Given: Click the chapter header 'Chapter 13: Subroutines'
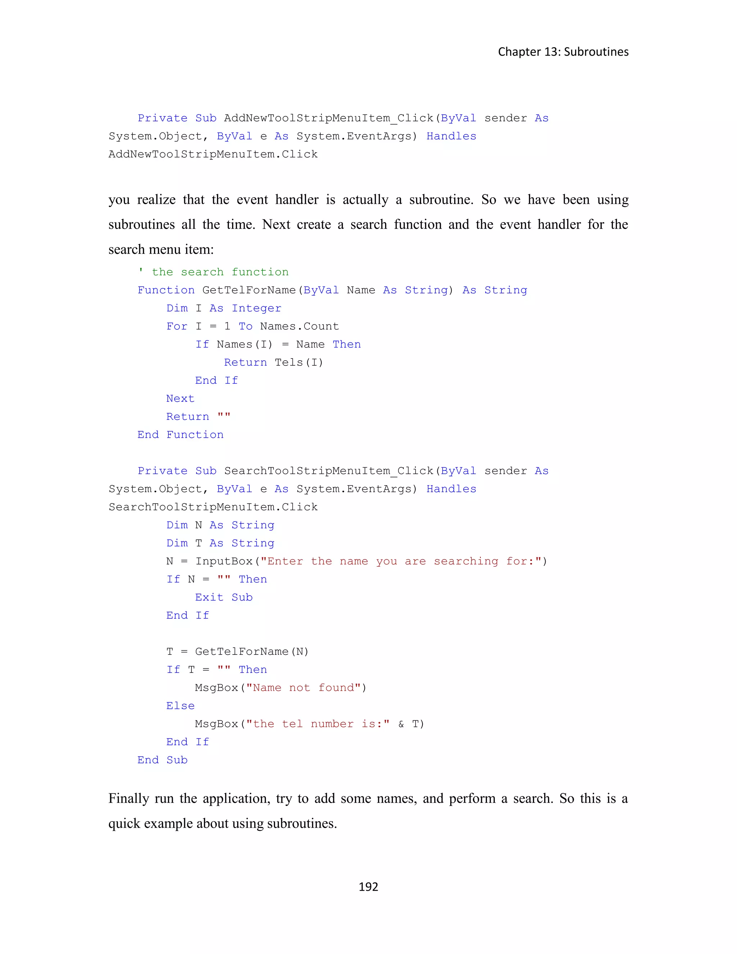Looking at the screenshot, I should (x=563, y=52).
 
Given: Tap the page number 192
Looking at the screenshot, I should (x=368, y=886).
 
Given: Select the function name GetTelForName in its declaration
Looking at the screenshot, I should (x=249, y=291).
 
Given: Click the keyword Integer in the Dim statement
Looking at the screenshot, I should (x=256, y=309).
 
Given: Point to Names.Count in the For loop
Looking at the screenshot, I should (x=299, y=326).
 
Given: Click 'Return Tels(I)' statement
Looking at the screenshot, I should (x=273, y=363).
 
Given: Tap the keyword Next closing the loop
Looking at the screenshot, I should (x=180, y=399).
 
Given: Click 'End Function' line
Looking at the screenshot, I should (x=180, y=435).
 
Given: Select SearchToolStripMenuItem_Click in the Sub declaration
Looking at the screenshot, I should (x=329, y=471).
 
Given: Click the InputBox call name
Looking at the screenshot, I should (x=224, y=561).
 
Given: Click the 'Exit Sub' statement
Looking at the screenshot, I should (x=223, y=598).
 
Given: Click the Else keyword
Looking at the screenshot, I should (x=180, y=706).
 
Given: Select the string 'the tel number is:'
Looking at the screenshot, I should (x=317, y=724).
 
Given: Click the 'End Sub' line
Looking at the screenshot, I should (x=162, y=760).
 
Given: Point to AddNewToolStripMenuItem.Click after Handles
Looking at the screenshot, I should (x=213, y=154).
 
